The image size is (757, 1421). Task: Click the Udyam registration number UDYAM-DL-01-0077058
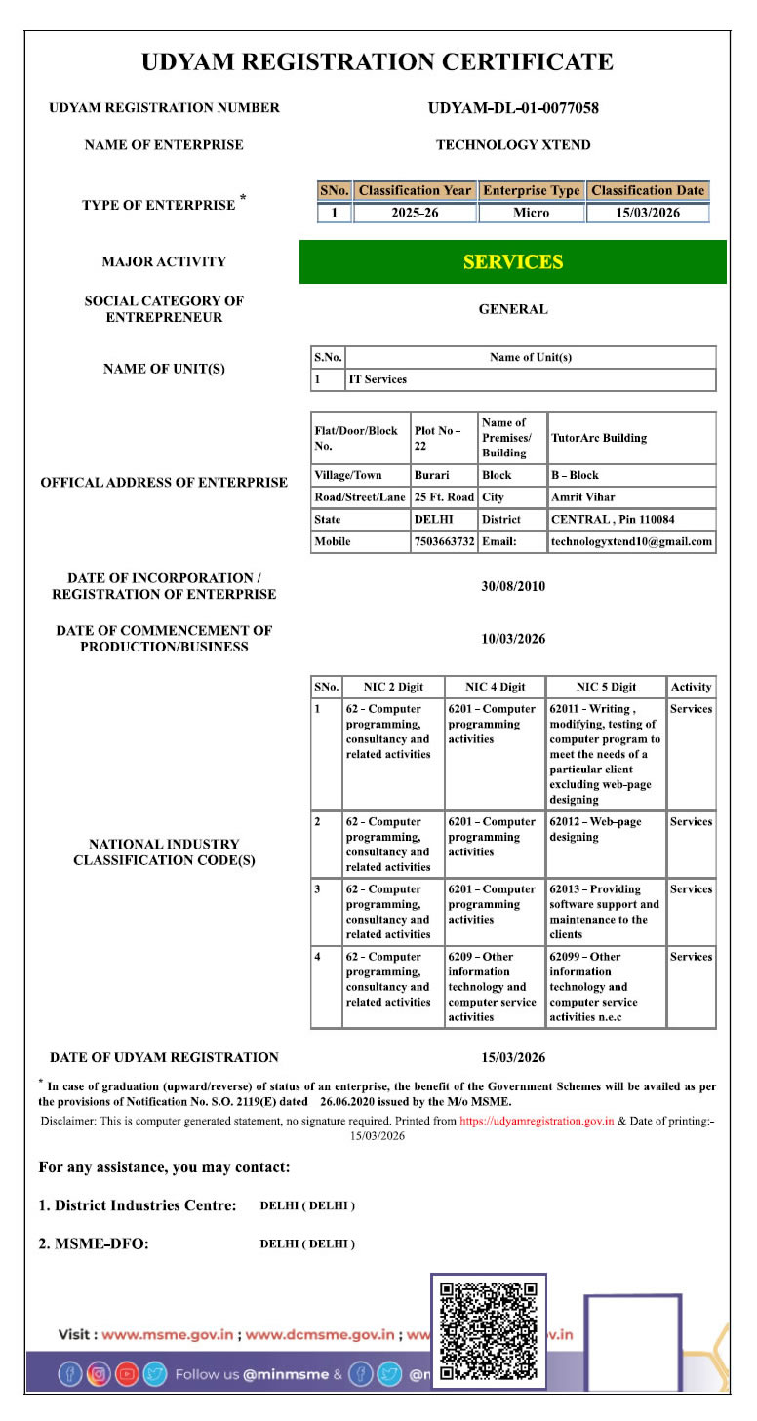pyautogui.click(x=513, y=108)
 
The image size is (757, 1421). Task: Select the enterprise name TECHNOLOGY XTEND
pyautogui.click(x=513, y=145)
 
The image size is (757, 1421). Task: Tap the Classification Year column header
pyautogui.click(x=415, y=191)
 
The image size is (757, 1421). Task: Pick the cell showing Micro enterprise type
pyautogui.click(x=531, y=213)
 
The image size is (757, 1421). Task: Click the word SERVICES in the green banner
pyautogui.click(x=513, y=262)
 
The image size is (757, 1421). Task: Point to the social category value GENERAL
pyautogui.click(x=513, y=309)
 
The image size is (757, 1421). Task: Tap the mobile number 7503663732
pyautogui.click(x=444, y=541)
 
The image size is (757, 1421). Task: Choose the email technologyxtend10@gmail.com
pyautogui.click(x=631, y=541)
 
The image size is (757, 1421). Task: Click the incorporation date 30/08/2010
pyautogui.click(x=513, y=586)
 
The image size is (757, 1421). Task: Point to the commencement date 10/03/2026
pyautogui.click(x=513, y=639)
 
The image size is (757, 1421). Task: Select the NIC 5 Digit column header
pyautogui.click(x=606, y=687)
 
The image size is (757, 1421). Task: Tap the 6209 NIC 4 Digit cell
pyautogui.click(x=494, y=986)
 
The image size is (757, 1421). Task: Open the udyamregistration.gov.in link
pyautogui.click(x=537, y=1122)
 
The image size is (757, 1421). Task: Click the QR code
pyautogui.click(x=489, y=1330)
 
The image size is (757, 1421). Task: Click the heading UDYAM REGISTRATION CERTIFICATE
pyautogui.click(x=378, y=62)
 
